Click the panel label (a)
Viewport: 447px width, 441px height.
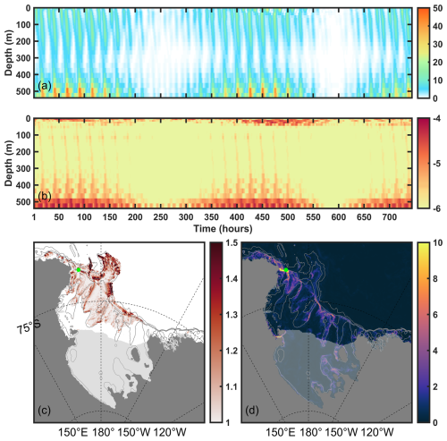point(45,87)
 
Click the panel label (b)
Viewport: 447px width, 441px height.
point(45,197)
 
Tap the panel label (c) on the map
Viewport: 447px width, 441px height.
point(44,411)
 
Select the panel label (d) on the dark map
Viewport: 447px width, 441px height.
point(252,411)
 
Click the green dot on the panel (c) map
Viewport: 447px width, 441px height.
point(79,270)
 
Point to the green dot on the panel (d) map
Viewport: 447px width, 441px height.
point(286,270)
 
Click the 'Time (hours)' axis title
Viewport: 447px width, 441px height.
point(223,229)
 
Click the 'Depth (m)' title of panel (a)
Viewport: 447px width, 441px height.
point(9,53)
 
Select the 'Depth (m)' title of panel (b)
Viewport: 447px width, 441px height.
point(9,163)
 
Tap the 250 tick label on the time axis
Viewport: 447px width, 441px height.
point(161,217)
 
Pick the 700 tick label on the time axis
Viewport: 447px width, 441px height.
point(389,217)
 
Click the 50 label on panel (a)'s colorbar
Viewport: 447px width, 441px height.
point(438,8)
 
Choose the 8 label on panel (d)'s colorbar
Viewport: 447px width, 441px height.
point(435,279)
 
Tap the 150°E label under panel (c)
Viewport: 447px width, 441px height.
point(72,432)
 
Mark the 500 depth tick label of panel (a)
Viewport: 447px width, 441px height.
point(24,91)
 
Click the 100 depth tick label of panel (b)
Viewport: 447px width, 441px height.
point(24,135)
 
